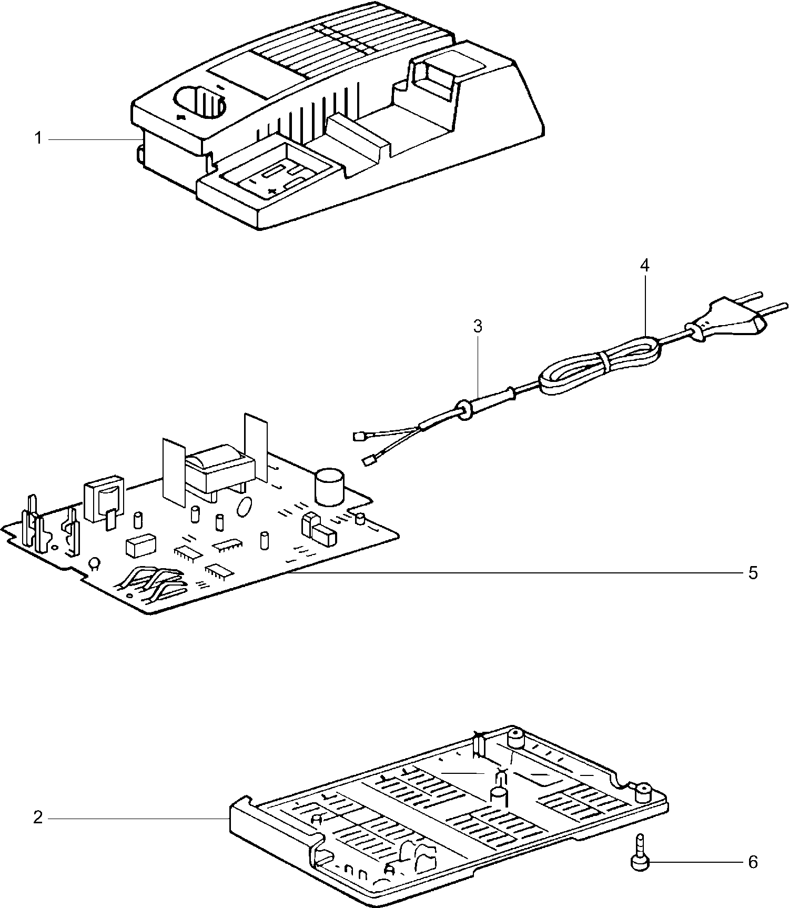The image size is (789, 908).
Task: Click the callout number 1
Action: pyautogui.click(x=38, y=139)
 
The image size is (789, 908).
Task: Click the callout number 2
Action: pyautogui.click(x=37, y=818)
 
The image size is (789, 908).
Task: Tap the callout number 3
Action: pyautogui.click(x=477, y=327)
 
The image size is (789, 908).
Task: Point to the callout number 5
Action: pyautogui.click(x=753, y=573)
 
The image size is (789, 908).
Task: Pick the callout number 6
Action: pyautogui.click(x=753, y=862)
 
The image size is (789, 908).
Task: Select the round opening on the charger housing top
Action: pyautogui.click(x=199, y=104)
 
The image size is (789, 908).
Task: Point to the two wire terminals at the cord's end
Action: pyautogui.click(x=364, y=449)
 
